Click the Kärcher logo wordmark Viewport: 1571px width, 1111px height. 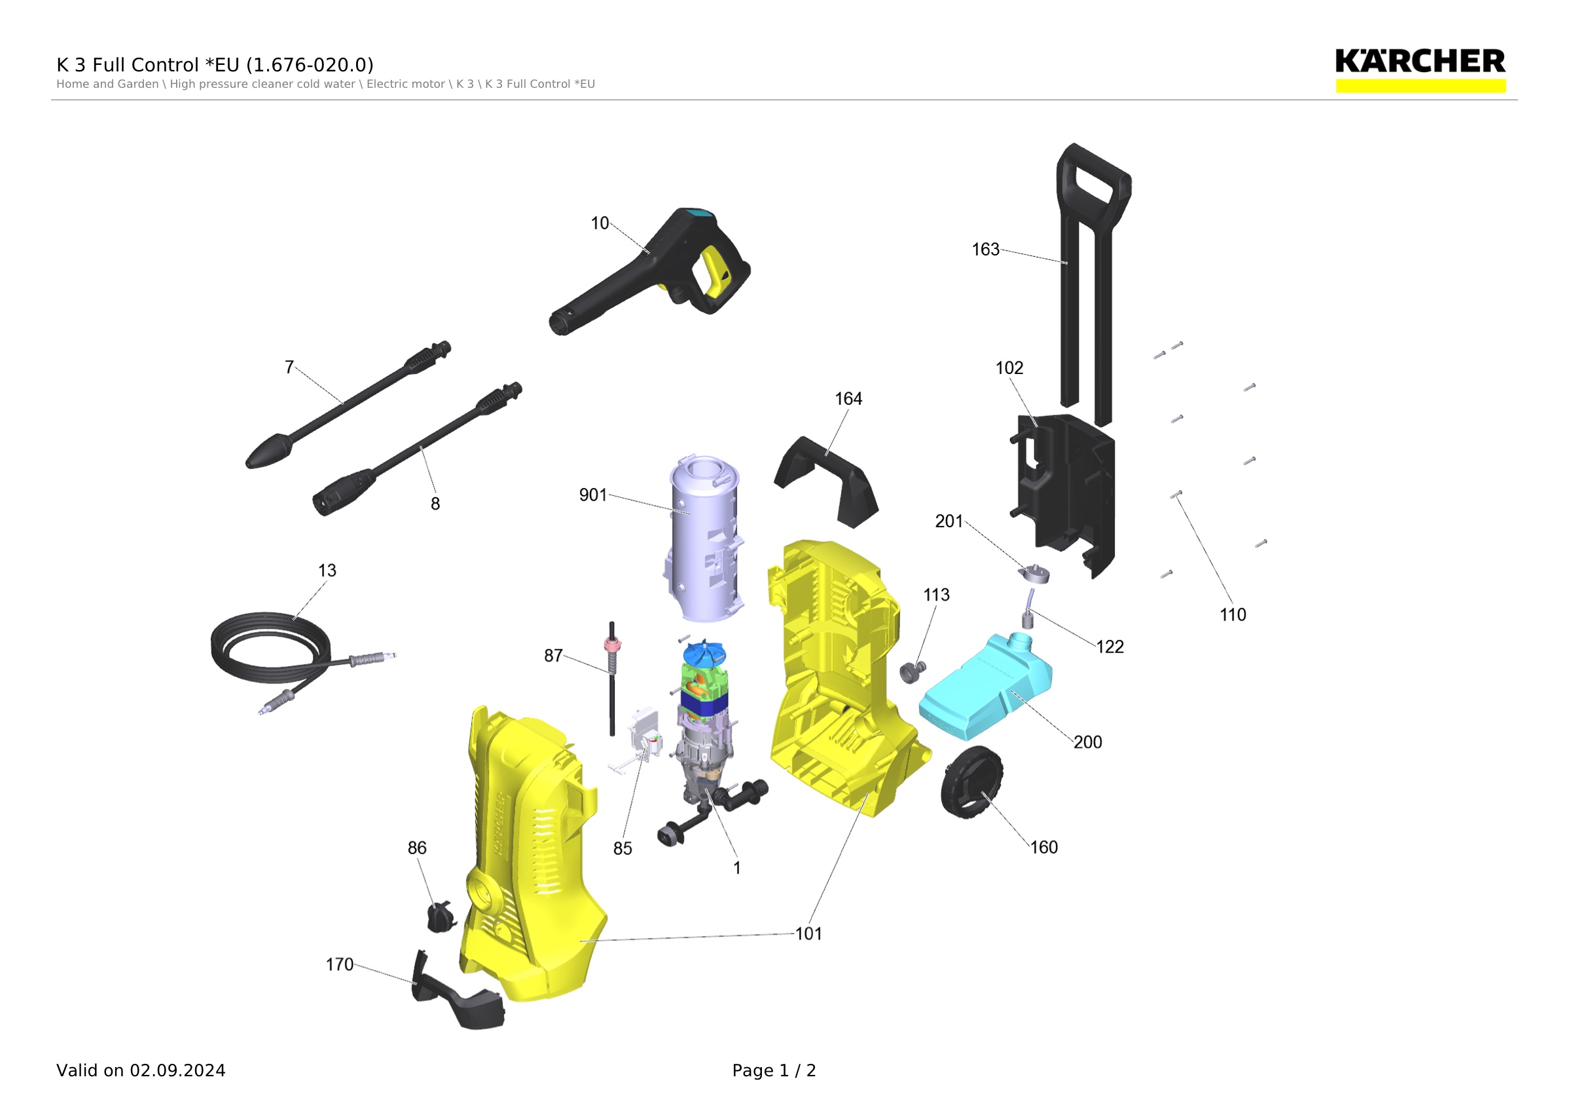1420,61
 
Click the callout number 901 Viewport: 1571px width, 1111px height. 592,495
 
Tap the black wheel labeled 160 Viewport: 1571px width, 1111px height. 971,782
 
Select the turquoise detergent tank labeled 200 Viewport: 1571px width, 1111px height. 985,686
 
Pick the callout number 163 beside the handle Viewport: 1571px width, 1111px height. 985,249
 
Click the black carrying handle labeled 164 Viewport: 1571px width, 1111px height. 826,482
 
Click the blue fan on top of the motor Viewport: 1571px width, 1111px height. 704,652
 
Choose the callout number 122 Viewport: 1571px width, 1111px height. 1110,647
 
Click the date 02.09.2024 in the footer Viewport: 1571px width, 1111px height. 177,1070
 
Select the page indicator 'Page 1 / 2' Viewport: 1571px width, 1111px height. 774,1070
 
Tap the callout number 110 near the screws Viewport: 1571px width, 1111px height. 1233,614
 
